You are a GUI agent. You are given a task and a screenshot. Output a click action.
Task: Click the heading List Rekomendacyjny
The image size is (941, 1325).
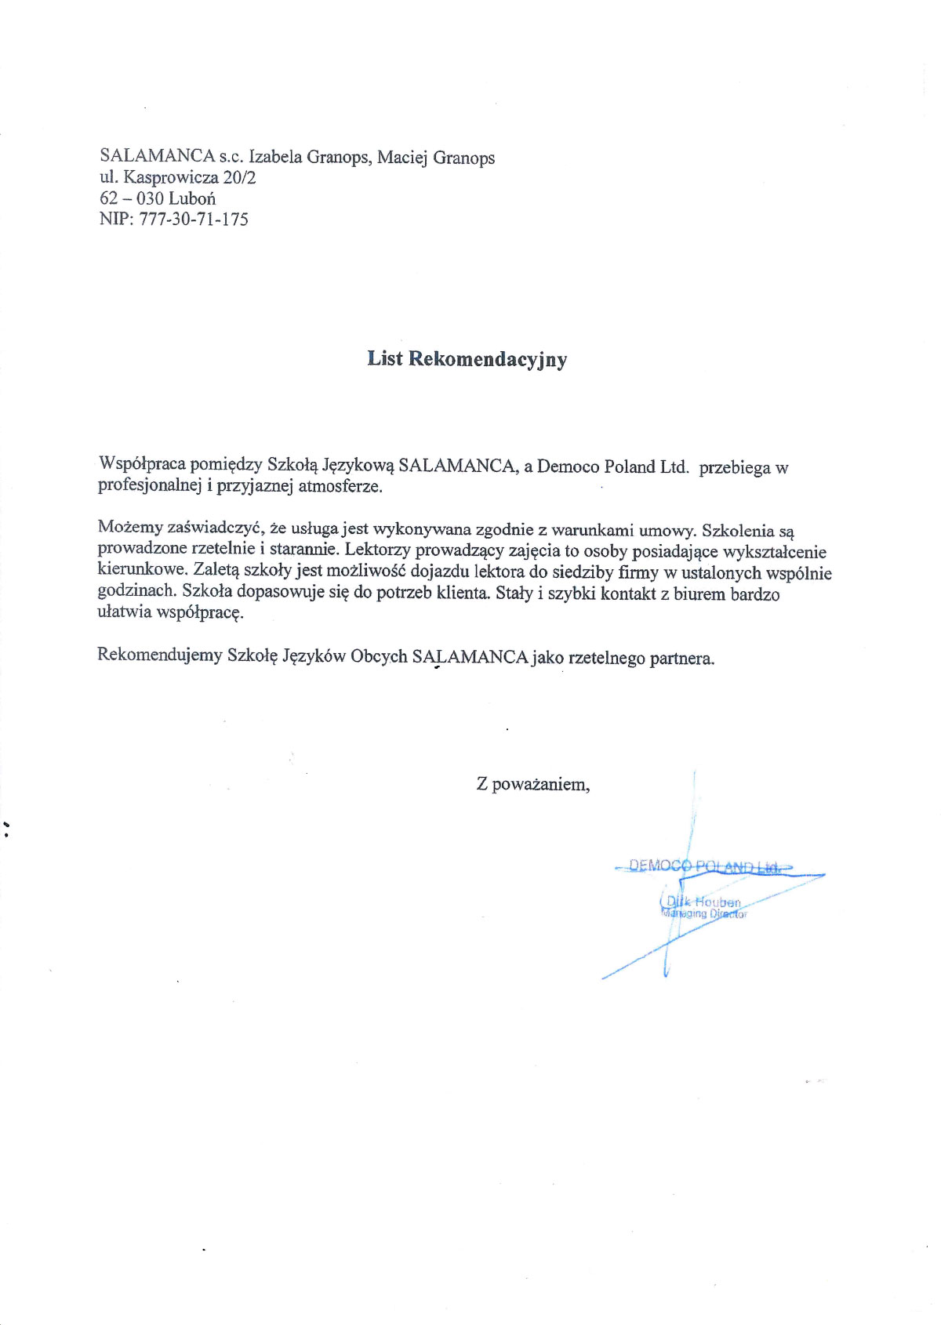(467, 359)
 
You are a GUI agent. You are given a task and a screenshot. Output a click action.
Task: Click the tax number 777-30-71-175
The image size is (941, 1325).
(194, 220)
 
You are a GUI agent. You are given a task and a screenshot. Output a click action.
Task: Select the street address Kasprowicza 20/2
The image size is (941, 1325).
(190, 178)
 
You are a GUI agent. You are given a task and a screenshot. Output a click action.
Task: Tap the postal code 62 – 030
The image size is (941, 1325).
(131, 198)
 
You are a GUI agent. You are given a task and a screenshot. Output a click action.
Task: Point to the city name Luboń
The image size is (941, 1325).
(192, 198)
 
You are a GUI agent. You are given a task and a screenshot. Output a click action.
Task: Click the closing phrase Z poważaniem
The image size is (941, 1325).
(532, 784)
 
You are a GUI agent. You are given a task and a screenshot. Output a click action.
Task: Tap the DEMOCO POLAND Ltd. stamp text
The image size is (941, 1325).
(705, 866)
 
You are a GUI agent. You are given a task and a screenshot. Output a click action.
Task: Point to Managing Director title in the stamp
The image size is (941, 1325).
(704, 914)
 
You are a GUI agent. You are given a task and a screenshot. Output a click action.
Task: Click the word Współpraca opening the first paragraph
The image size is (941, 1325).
(142, 464)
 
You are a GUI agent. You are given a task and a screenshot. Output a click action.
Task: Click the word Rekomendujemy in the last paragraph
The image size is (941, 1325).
(159, 655)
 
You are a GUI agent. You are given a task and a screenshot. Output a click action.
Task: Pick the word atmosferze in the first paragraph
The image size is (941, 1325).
(340, 486)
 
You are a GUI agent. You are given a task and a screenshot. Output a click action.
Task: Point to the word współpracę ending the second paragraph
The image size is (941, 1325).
(200, 613)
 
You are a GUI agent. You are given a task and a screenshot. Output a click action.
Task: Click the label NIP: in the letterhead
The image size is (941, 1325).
(117, 220)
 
